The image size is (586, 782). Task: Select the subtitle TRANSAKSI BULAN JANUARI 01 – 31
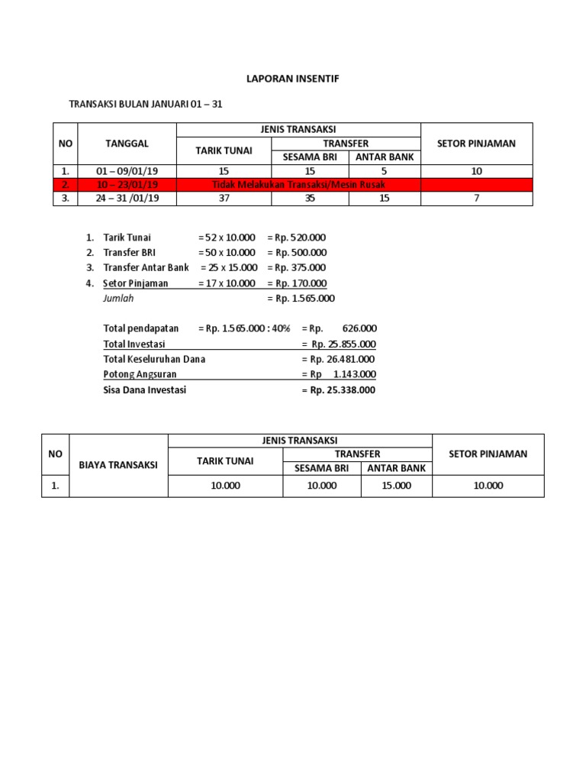pos(146,104)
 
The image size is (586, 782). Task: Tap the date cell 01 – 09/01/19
pos(127,171)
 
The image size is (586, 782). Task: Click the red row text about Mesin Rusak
pos(298,185)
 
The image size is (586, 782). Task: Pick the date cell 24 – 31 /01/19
pos(127,199)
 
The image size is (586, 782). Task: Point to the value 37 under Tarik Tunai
pos(224,199)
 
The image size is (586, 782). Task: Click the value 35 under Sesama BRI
pos(310,199)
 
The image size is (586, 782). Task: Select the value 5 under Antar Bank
pos(385,171)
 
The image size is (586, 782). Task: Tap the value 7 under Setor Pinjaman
pos(476,199)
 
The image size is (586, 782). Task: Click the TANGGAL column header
pos(127,143)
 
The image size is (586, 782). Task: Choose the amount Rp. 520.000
pos(297,238)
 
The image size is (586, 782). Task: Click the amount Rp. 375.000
pos(297,268)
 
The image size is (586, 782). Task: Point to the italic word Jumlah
pos(118,299)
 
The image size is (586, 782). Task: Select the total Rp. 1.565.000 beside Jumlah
pos(301,299)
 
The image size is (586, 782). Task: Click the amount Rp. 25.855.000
pos(339,344)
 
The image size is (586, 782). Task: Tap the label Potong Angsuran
pos(135,374)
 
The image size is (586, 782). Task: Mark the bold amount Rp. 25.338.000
pos(339,390)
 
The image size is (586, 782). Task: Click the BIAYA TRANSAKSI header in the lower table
pos(118,465)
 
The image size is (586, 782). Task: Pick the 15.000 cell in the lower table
pos(395,486)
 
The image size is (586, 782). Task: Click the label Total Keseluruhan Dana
pos(154,359)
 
